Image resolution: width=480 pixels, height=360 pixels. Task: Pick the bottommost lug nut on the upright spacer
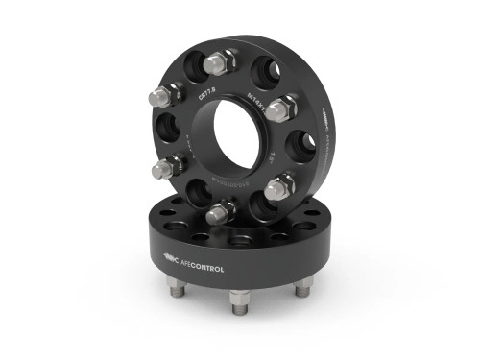coord(220,211)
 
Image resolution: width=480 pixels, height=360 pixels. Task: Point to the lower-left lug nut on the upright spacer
coord(163,169)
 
